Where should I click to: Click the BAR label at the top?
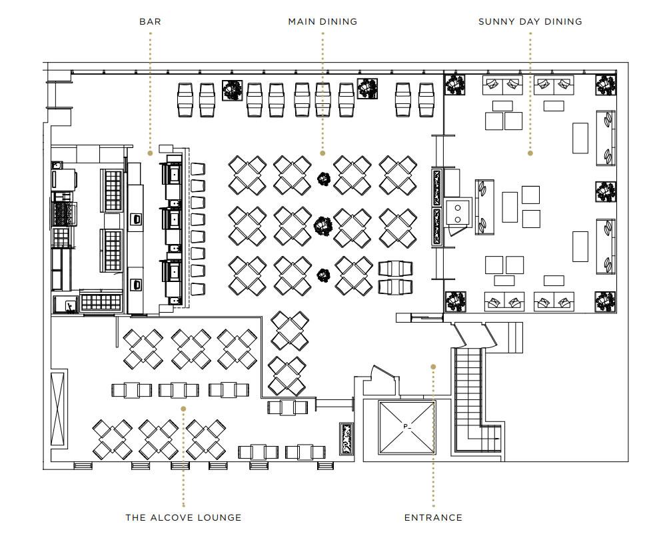point(150,21)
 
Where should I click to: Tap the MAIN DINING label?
point(323,21)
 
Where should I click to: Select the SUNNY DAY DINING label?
point(530,21)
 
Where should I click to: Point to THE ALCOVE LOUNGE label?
point(183,517)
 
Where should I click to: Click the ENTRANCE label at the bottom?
point(433,517)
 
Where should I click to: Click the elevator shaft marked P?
point(406,427)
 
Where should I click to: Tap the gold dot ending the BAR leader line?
point(150,153)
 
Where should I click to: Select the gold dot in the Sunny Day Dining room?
point(530,153)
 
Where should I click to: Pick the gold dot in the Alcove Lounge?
point(183,409)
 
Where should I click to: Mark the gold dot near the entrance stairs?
point(433,366)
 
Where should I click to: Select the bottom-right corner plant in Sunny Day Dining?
point(606,301)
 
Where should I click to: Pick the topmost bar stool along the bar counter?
point(198,169)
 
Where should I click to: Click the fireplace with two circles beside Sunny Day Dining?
point(458,212)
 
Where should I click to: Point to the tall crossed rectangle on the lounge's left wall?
point(59,408)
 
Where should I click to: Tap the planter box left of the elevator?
point(346,438)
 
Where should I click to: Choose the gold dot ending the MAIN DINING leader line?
point(323,153)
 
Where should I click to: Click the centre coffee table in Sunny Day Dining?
point(510,207)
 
